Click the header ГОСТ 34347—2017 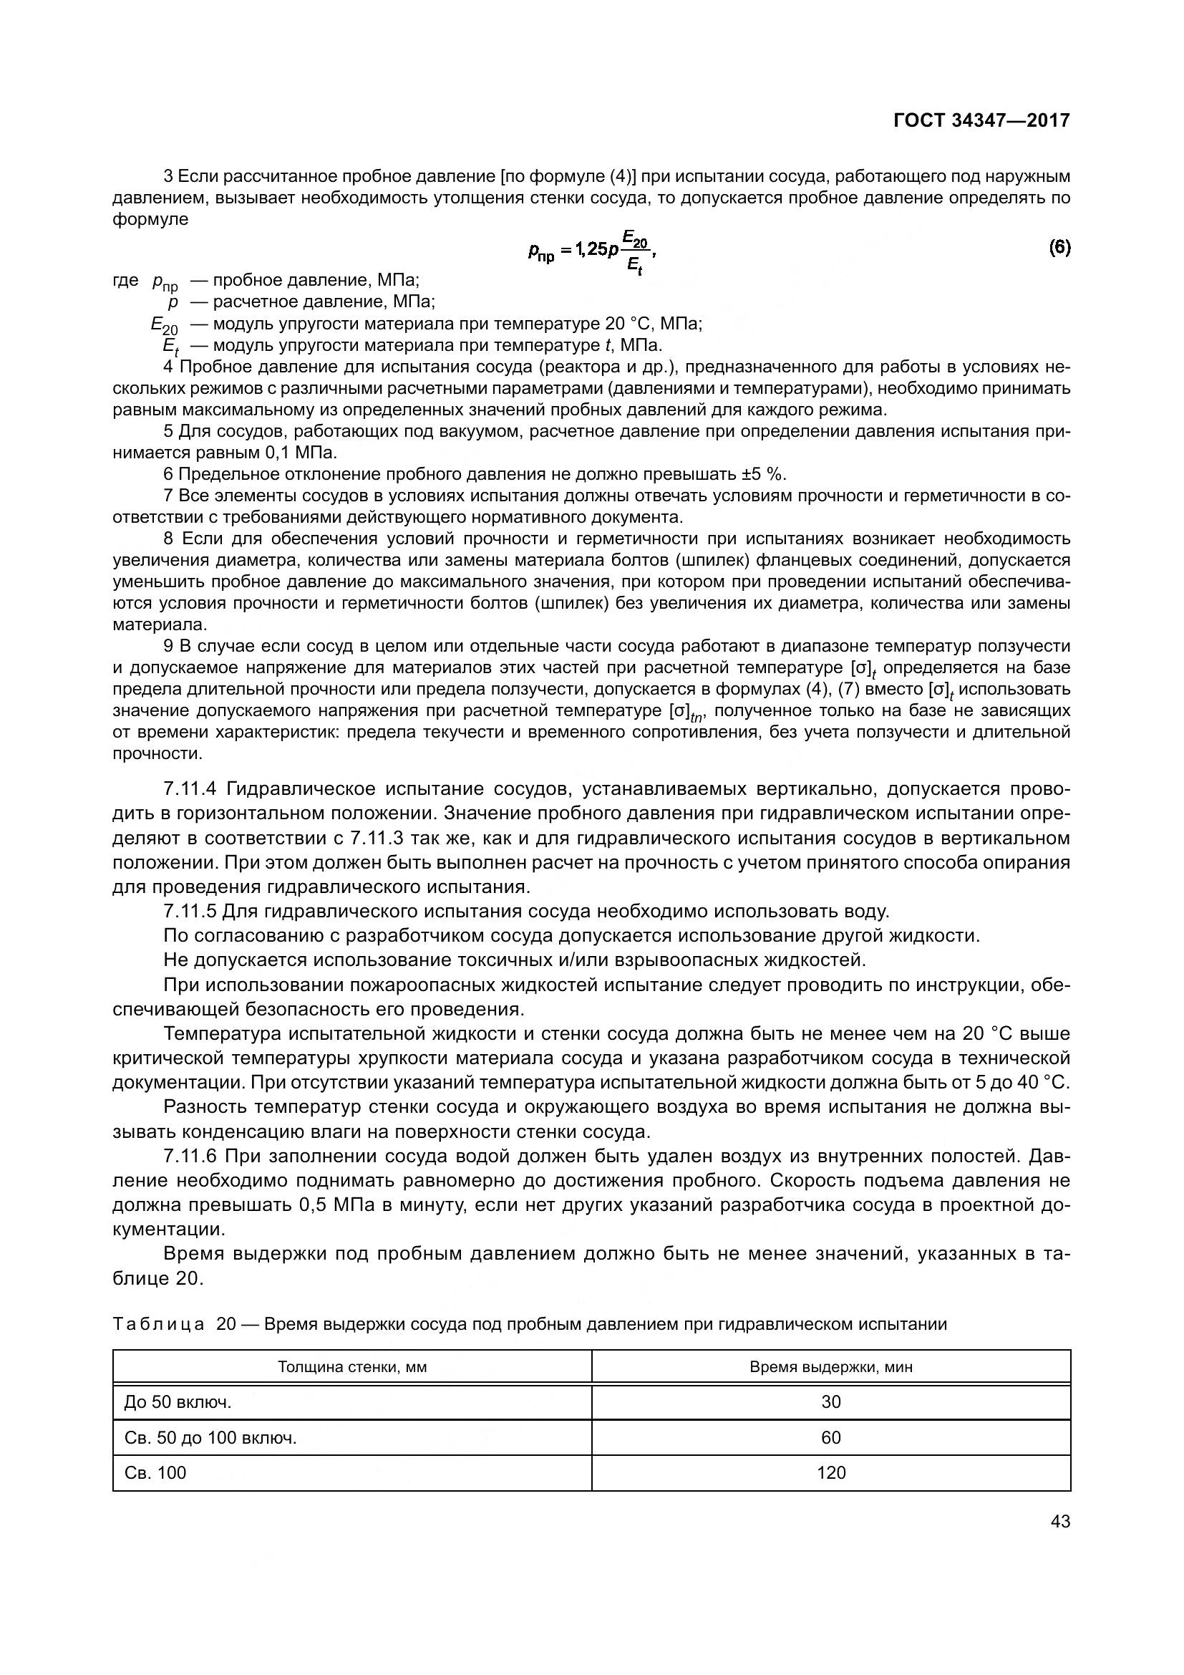click(x=981, y=120)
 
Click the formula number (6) click(x=1059, y=248)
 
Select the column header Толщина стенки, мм click(x=352, y=1367)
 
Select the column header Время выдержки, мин click(x=830, y=1367)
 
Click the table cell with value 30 click(x=830, y=1401)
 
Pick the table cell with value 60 click(x=830, y=1437)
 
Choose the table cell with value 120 click(x=830, y=1473)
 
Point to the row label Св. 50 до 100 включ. click(x=210, y=1437)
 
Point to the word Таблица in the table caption click(x=158, y=1324)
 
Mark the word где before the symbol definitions click(x=125, y=280)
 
